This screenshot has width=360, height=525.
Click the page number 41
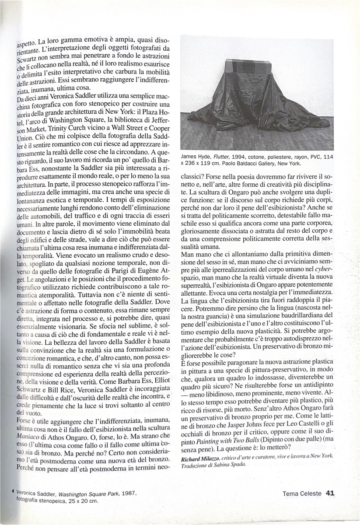pos(330,493)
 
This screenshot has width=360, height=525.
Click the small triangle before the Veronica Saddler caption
pos(16,493)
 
